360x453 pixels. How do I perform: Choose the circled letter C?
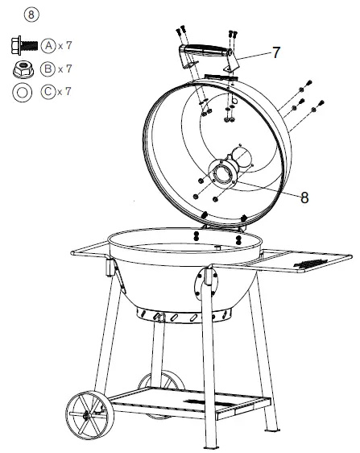pos(49,92)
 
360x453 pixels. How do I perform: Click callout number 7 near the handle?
pos(275,52)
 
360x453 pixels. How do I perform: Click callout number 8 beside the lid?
pos(304,196)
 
